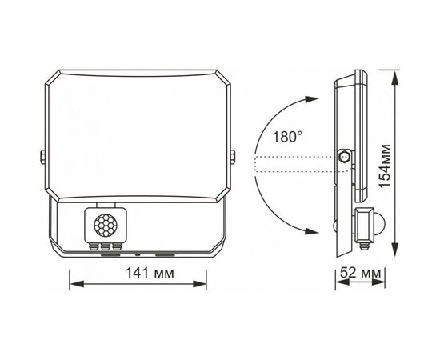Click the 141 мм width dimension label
[x=150, y=273]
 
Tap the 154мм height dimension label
[x=384, y=166]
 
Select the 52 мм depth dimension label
[x=361, y=273]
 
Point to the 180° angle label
[x=288, y=138]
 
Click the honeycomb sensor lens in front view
[x=106, y=225]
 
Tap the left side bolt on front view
[x=42, y=157]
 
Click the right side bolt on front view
[x=233, y=157]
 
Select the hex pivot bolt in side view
[x=344, y=156]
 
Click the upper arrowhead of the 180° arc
[x=312, y=99]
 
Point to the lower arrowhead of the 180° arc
[x=311, y=231]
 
